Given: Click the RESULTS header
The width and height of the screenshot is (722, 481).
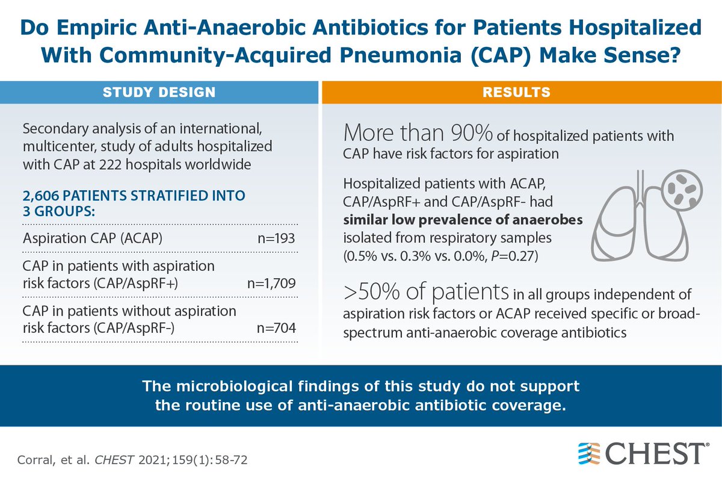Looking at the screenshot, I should click(521, 92).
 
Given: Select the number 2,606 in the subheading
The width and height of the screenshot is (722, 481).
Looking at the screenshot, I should click(40, 196).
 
